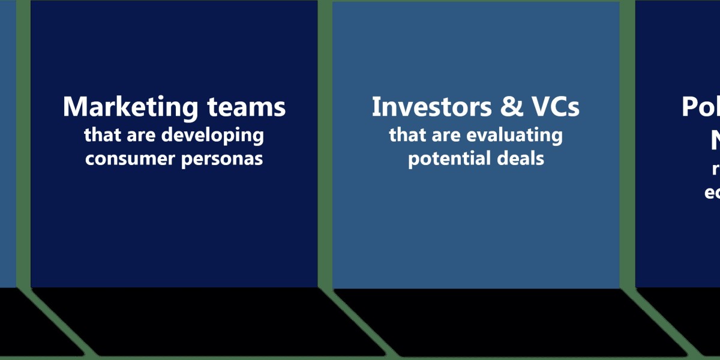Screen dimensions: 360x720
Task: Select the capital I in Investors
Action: point(376,107)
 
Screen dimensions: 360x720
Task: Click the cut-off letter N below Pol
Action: point(714,141)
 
